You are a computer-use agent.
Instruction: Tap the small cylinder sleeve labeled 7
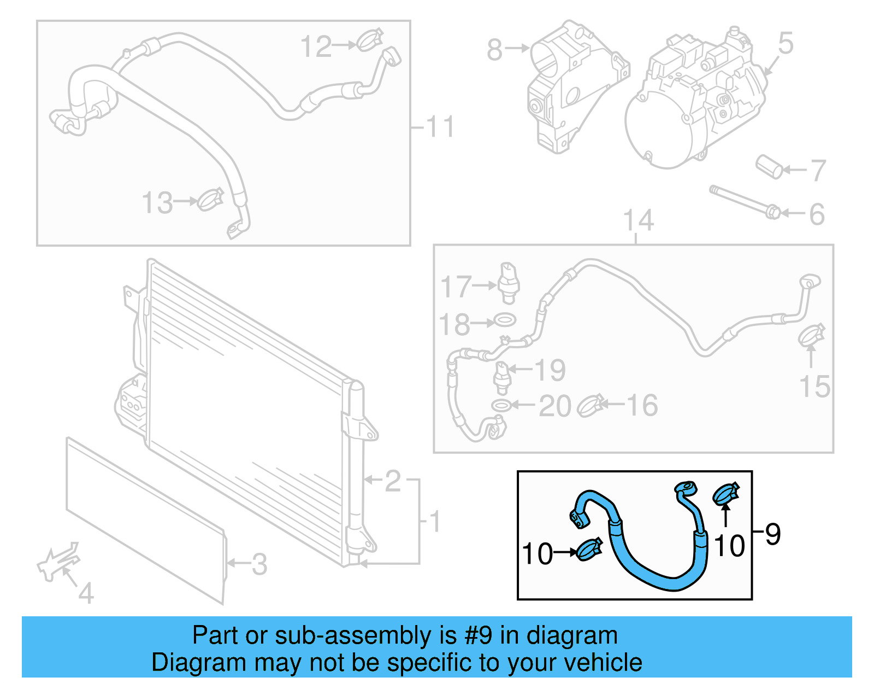coord(770,166)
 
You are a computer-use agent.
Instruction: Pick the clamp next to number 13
coord(210,200)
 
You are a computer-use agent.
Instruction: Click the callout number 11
coord(440,127)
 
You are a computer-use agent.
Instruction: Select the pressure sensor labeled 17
coord(509,282)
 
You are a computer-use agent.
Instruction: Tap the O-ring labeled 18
coord(504,320)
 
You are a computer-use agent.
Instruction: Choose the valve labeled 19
coord(501,378)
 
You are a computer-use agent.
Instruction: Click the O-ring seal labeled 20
coord(501,405)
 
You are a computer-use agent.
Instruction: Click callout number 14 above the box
coord(638,220)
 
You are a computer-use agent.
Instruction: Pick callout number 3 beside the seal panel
coord(259,564)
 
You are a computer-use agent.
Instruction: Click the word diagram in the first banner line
coord(572,635)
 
